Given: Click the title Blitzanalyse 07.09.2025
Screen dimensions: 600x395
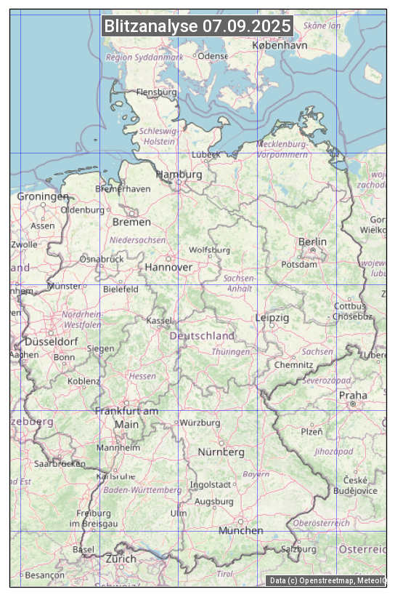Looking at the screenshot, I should point(197,26).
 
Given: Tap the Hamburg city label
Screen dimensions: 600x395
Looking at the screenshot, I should point(179,175).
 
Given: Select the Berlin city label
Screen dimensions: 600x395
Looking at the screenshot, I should point(312,241).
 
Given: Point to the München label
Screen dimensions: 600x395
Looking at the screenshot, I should point(240,530).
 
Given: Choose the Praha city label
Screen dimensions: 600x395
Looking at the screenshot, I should point(353,396).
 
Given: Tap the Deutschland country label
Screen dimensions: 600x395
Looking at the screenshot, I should point(202,336).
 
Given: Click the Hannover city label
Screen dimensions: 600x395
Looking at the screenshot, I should point(168,267).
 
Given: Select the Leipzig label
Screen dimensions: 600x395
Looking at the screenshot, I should point(272,318).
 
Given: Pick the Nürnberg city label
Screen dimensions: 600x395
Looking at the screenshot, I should point(221,452).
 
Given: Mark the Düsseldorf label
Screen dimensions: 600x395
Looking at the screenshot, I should point(52,341).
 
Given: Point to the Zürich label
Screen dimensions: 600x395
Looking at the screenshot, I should point(121,559).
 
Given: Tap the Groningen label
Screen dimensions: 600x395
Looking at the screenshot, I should point(43,196).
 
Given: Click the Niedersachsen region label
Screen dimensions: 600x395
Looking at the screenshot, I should point(137,239).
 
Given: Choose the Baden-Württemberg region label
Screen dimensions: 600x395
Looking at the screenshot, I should point(143,490).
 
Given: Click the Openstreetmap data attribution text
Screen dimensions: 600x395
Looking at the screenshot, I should point(327,580).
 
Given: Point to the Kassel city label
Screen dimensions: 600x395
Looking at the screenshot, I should point(159,320).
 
